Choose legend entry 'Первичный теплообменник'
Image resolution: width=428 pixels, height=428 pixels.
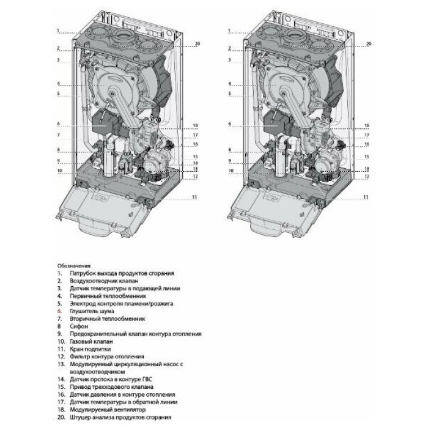coord(108,295)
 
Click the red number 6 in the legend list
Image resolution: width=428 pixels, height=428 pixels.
coord(59,311)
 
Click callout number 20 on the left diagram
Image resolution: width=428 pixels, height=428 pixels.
coord(197,44)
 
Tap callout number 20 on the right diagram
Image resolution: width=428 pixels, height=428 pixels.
coord(368,44)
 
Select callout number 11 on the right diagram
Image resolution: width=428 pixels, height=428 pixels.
coord(366,197)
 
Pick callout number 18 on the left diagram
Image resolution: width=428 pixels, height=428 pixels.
coord(196,125)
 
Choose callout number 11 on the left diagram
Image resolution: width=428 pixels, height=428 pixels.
coord(196,197)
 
